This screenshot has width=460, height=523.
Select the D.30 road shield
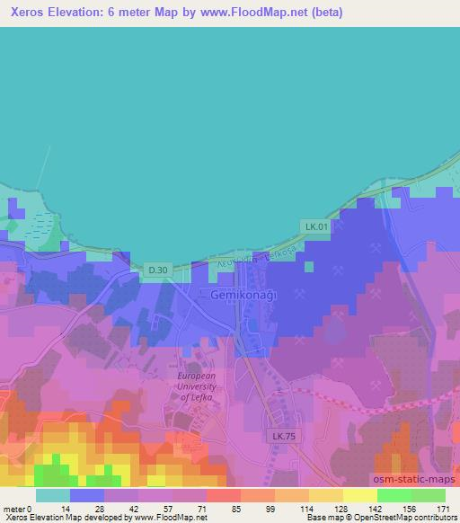(157, 270)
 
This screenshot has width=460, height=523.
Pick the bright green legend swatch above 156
(394, 495)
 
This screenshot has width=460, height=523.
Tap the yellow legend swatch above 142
(360, 495)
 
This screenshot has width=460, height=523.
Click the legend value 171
(443, 509)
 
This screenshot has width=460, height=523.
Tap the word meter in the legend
(15, 509)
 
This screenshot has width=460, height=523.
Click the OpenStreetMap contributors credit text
(405, 519)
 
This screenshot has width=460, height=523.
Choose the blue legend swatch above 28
(87, 495)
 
